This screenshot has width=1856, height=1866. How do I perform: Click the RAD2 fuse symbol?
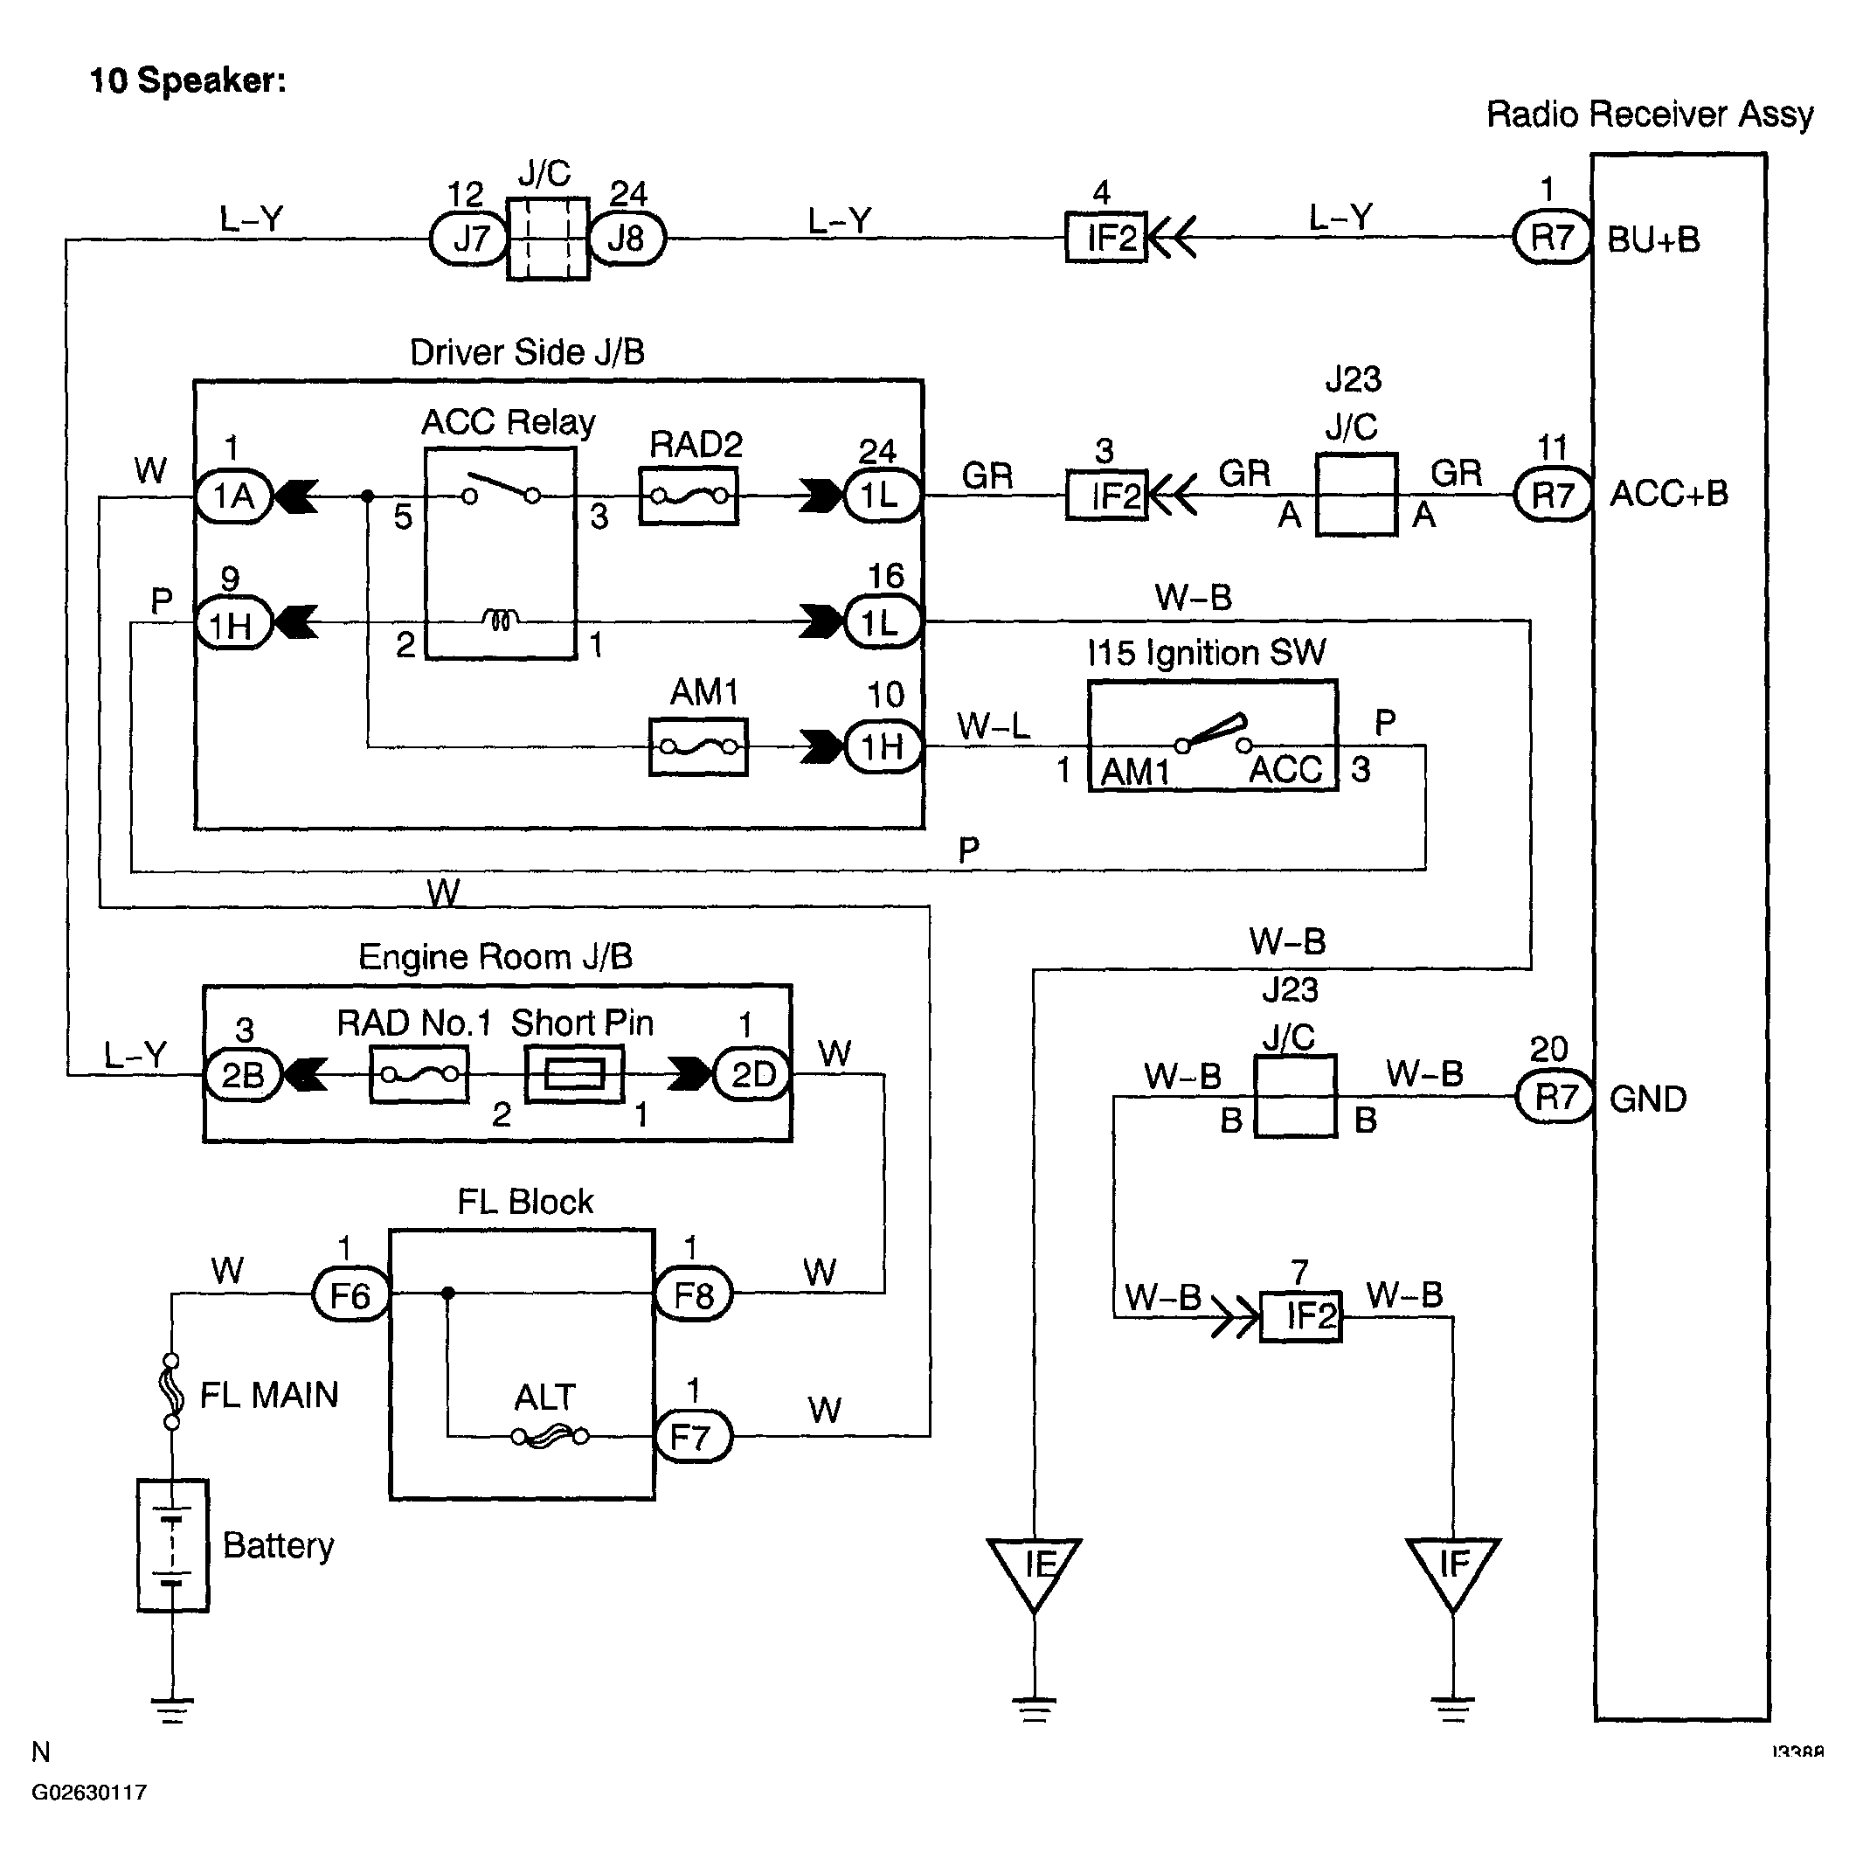coord(689,496)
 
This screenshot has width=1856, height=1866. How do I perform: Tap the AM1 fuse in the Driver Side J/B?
coord(698,746)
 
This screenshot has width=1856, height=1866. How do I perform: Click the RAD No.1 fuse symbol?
coord(419,1074)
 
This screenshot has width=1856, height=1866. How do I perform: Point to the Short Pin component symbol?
coord(573,1074)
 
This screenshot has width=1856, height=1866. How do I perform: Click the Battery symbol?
coord(172,1544)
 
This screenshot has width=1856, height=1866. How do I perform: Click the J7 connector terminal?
coord(469,238)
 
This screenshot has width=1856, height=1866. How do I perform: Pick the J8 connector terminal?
coord(627,238)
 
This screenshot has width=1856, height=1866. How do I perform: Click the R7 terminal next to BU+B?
coord(1552,238)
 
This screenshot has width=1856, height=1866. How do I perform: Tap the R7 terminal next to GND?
coord(1555,1097)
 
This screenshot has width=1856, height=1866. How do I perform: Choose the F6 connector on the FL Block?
coord(350,1294)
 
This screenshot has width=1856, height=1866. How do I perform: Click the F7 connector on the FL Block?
coord(692,1437)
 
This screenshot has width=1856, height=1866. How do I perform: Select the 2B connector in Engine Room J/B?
coord(243,1074)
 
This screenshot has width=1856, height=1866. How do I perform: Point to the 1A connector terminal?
coord(232,496)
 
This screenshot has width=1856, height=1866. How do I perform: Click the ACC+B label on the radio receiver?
coord(1669,495)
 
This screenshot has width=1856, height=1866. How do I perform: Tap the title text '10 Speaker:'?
coord(187,80)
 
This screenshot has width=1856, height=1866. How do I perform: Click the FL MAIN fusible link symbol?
coord(171,1391)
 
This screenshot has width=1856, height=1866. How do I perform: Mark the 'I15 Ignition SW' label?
coord(1206,654)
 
